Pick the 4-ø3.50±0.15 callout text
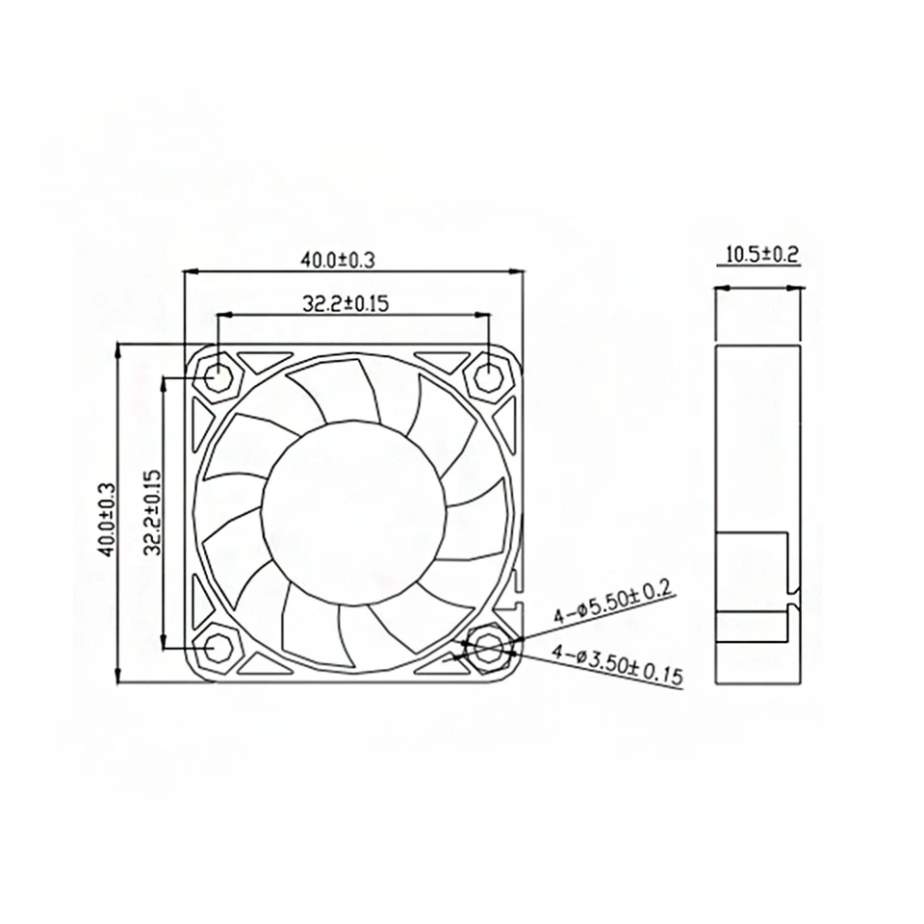617,663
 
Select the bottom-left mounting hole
218,648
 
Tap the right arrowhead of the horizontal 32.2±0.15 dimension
482,314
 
